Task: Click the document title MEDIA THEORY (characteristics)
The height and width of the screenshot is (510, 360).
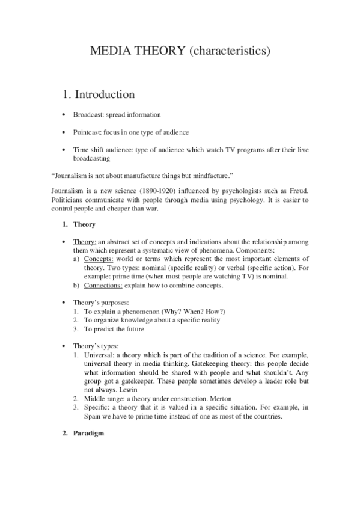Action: (180, 52)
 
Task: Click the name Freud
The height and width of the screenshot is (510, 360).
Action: (299, 191)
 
